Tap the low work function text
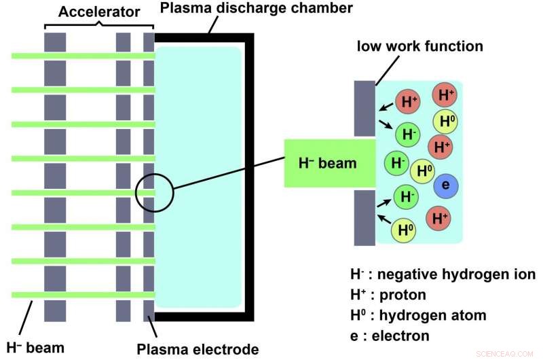coord(420,47)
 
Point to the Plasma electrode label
coord(198,349)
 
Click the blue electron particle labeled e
coord(445,185)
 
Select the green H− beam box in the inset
coord(329,164)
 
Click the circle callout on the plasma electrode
coord(155,193)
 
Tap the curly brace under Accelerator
coord(98,26)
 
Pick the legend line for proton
coord(388,295)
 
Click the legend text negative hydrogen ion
coord(443,274)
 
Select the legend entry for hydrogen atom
coord(418,315)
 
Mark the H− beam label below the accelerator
coord(35,348)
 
